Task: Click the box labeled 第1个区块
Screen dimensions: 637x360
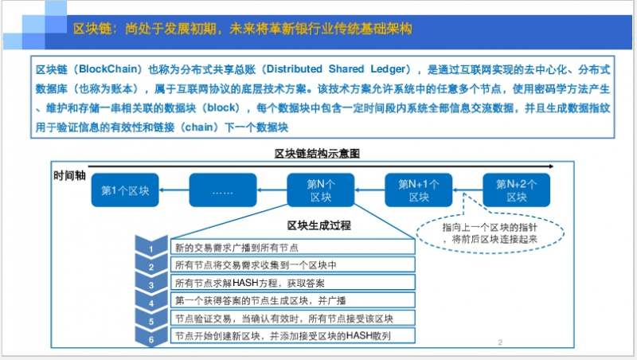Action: click(x=125, y=190)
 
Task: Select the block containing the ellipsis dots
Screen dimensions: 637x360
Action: click(x=223, y=190)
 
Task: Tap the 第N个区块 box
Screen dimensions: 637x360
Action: click(x=321, y=190)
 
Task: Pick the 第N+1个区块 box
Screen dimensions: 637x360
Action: click(x=419, y=190)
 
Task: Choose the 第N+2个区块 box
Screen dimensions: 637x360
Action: click(x=516, y=190)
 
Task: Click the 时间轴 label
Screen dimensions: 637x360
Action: click(x=69, y=175)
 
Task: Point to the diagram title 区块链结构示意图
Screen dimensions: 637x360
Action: click(x=317, y=154)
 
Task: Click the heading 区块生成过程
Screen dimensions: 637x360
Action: click(x=319, y=225)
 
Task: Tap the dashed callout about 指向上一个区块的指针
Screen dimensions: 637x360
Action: click(x=490, y=233)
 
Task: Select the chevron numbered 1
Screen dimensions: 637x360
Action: click(x=151, y=247)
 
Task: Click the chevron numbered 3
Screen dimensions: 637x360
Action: click(x=151, y=284)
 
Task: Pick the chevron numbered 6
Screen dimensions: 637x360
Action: click(x=151, y=338)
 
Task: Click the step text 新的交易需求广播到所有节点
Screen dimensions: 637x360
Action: click(x=236, y=248)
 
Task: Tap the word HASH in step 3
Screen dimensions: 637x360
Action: click(x=245, y=283)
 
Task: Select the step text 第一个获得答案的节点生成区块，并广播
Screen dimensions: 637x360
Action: click(x=260, y=301)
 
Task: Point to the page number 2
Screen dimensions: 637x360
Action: click(x=500, y=342)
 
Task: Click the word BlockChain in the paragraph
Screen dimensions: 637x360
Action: click(x=107, y=69)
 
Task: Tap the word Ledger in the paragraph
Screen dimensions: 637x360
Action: click(x=388, y=69)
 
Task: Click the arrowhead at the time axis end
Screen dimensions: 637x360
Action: click(x=551, y=166)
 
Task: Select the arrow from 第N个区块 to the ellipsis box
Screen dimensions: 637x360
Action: click(x=272, y=190)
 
